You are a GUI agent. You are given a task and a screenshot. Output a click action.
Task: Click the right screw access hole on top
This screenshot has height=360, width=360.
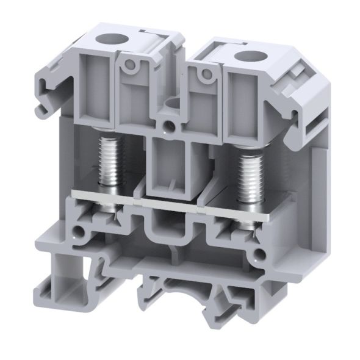coord(250,58)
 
